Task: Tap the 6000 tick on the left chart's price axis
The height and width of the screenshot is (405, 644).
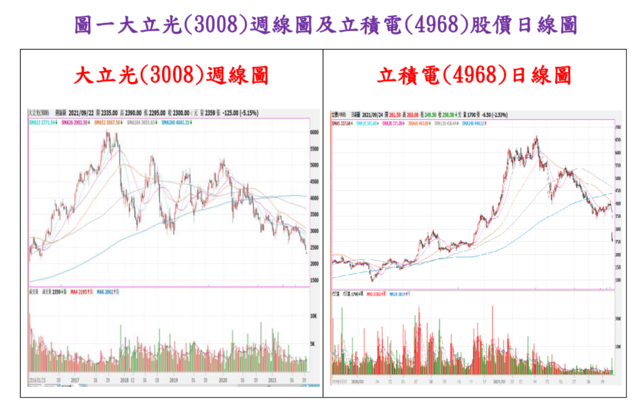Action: pos(314,132)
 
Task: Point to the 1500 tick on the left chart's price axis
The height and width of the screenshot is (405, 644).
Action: pos(314,280)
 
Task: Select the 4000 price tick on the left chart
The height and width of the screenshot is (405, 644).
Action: pos(314,198)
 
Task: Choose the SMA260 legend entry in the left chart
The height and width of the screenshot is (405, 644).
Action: pos(177,122)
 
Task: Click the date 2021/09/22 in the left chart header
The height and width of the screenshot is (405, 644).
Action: pos(81,113)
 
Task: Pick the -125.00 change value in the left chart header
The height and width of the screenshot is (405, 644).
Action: pos(231,113)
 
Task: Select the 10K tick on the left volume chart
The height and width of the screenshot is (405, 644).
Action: pos(314,316)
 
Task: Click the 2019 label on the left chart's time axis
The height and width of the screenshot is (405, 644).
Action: pos(174,380)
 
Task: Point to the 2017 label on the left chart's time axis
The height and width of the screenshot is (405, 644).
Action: pos(75,380)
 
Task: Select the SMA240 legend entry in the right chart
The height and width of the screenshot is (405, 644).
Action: pos(474,123)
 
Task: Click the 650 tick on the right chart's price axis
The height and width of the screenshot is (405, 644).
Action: pos(618,140)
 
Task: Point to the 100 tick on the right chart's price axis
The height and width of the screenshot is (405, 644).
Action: pos(618,280)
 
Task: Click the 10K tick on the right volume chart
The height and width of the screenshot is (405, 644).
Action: pos(618,346)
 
